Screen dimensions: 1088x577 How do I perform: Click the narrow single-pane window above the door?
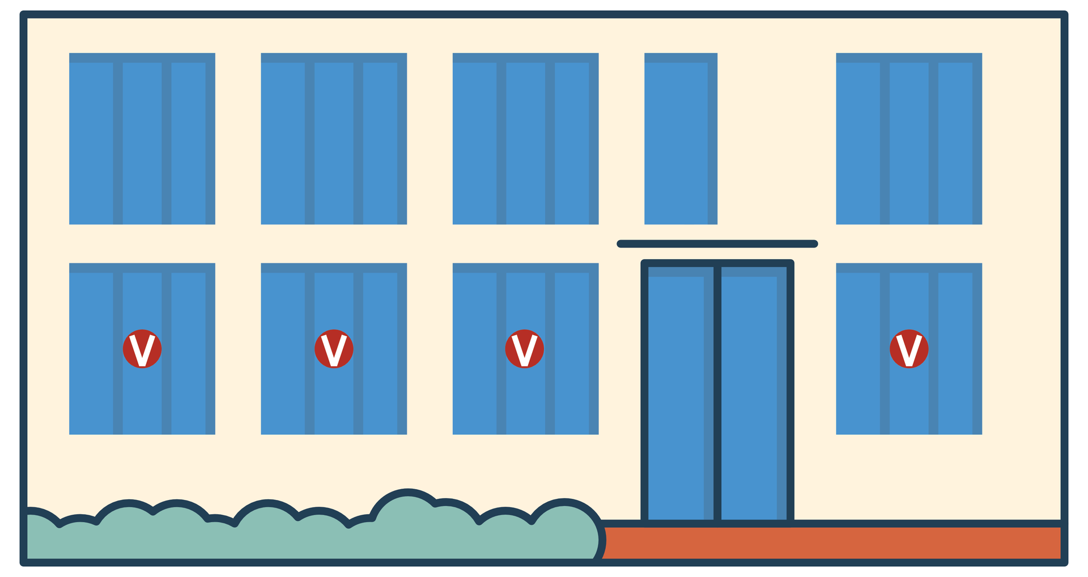click(x=681, y=139)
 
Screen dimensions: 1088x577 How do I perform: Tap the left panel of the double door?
click(x=680, y=393)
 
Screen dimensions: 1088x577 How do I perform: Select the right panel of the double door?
click(x=754, y=393)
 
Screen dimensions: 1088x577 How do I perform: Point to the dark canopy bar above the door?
click(x=717, y=243)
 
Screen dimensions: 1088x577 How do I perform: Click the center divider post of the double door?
click(x=717, y=393)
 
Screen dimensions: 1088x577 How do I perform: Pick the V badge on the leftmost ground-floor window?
click(x=142, y=349)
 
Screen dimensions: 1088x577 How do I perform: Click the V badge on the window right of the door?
click(x=909, y=349)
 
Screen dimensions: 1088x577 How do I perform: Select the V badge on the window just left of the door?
click(x=525, y=349)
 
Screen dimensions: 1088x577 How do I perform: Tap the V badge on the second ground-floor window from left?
click(x=334, y=349)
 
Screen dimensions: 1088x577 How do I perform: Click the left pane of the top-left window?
click(x=91, y=143)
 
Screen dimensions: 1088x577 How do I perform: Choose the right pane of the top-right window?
click(x=955, y=143)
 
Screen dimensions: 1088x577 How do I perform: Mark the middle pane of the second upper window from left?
click(x=334, y=143)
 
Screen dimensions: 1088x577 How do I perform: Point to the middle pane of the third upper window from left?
click(x=525, y=143)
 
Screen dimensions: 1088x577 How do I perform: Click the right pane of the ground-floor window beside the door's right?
click(x=955, y=353)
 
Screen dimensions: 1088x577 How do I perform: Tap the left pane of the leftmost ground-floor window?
click(x=91, y=353)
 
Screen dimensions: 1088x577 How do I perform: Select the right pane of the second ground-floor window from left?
click(x=380, y=353)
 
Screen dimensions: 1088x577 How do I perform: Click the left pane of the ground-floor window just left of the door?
click(x=475, y=353)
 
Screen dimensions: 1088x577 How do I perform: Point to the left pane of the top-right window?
click(x=858, y=143)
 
